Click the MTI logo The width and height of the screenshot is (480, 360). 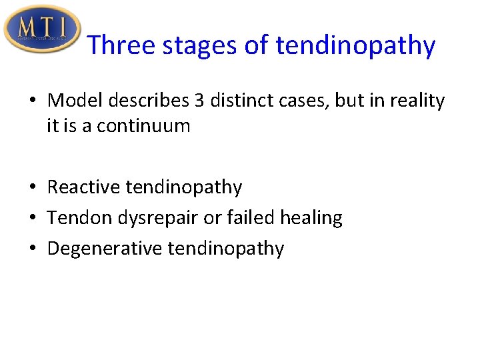[42, 28]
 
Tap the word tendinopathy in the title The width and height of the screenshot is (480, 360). [355, 46]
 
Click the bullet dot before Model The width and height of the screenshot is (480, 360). [32, 101]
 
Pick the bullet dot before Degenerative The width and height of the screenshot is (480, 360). [32, 249]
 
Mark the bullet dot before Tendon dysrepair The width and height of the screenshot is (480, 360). [32, 219]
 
